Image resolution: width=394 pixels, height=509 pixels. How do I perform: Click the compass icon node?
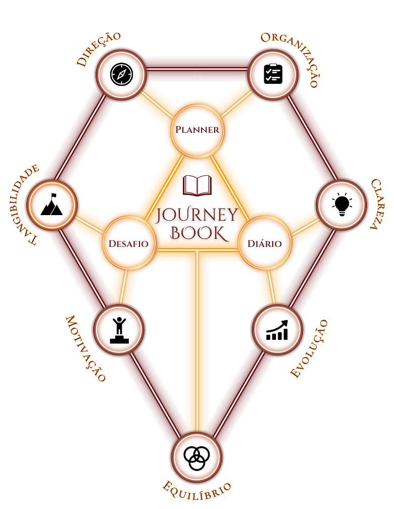[121, 74]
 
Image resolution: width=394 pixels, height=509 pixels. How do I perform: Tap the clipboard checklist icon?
[273, 74]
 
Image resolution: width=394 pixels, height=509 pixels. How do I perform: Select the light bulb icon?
[342, 205]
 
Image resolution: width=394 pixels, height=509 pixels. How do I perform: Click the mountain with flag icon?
[52, 205]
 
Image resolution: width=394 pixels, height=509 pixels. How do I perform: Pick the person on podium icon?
[119, 330]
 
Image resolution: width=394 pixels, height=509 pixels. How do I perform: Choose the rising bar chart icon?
[277, 330]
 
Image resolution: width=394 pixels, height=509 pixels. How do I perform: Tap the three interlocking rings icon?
[196, 457]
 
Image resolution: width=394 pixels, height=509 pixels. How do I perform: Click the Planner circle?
[197, 130]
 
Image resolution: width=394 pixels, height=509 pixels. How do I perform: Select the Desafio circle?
[128, 243]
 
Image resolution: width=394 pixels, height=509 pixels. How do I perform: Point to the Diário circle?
[264, 243]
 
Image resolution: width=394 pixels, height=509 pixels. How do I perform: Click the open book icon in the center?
[197, 185]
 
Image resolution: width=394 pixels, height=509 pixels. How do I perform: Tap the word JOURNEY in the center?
[197, 215]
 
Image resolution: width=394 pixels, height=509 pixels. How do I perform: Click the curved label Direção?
[98, 49]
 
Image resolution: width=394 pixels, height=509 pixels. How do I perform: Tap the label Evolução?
[309, 348]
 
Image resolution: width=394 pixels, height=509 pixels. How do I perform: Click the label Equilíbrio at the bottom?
[197, 488]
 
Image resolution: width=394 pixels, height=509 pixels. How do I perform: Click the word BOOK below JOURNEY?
[197, 233]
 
